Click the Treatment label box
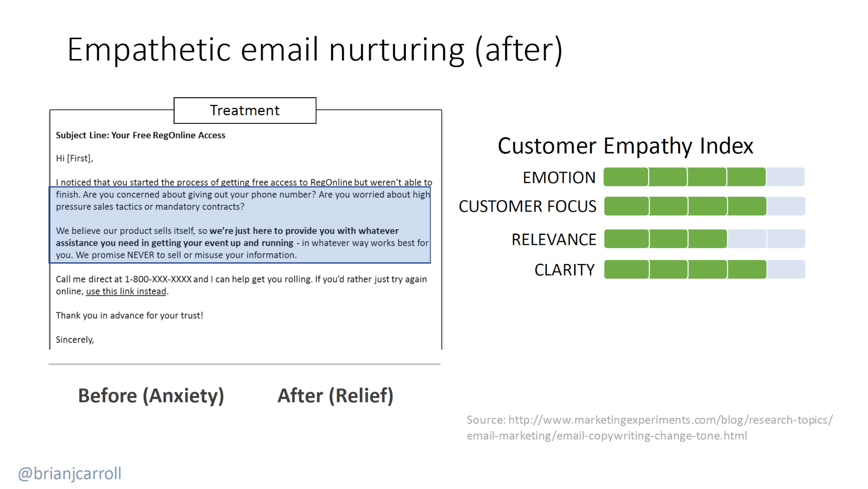click(x=245, y=110)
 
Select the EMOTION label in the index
click(x=559, y=178)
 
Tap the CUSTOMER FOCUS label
click(x=527, y=206)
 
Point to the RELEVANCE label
click(x=554, y=239)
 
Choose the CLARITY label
click(x=564, y=270)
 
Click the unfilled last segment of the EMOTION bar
click(x=786, y=177)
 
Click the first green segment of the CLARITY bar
click(x=626, y=269)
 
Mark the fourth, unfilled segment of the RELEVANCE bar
click(x=746, y=239)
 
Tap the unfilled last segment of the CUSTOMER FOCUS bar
click(x=786, y=206)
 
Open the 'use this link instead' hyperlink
click(x=126, y=291)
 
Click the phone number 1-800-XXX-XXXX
click(x=158, y=279)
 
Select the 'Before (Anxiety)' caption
click(x=151, y=396)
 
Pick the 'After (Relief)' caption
click(x=335, y=396)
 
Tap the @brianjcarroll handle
click(x=69, y=473)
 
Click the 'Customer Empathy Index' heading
click(x=625, y=146)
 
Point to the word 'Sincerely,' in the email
click(x=75, y=340)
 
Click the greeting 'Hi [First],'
click(x=74, y=159)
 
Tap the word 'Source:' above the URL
click(x=486, y=420)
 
